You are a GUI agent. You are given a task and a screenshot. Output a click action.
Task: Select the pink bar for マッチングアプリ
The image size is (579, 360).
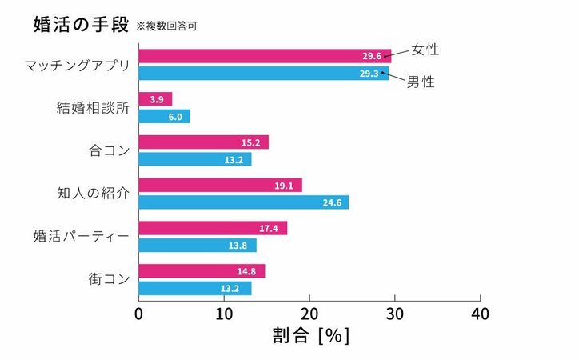264,56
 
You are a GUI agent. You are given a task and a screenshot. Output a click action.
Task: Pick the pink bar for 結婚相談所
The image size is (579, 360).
155,99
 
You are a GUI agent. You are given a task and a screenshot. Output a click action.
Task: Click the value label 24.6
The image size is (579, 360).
331,202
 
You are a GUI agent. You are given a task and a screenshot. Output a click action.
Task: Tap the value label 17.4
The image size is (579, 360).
270,229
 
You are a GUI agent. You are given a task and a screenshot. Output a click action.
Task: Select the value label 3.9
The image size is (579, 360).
157,99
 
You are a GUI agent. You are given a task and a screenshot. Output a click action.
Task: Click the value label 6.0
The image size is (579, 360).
174,116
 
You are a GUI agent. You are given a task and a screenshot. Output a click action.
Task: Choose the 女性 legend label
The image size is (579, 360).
425,50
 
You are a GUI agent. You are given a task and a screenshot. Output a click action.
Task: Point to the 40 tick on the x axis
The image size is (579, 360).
480,313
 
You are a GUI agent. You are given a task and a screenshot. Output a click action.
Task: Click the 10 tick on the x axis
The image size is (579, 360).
225,313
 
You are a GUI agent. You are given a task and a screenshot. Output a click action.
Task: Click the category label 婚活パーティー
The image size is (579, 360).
81,237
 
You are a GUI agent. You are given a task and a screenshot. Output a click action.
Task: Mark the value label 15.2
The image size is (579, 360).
252,142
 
